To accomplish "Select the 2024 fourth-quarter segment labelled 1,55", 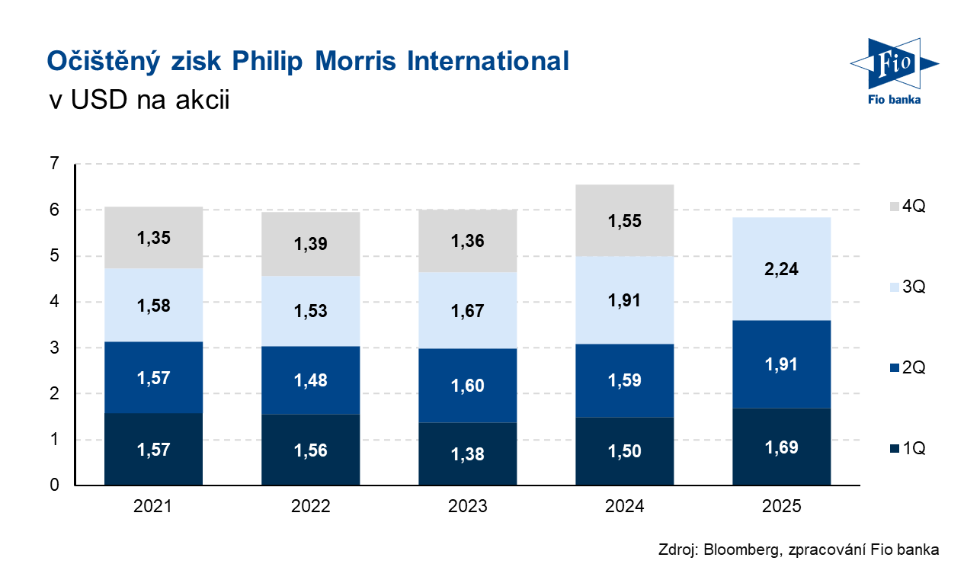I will click(624, 221).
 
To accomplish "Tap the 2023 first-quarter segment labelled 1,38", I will click(467, 453).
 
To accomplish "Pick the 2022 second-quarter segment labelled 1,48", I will click(310, 380).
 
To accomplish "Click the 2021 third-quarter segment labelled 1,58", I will click(153, 305).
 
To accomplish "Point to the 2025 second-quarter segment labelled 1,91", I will click(781, 364).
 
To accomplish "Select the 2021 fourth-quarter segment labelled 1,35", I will click(153, 237).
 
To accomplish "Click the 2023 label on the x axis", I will click(467, 507).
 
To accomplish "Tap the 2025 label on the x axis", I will click(781, 507).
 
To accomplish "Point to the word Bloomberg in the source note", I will click(736, 550).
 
